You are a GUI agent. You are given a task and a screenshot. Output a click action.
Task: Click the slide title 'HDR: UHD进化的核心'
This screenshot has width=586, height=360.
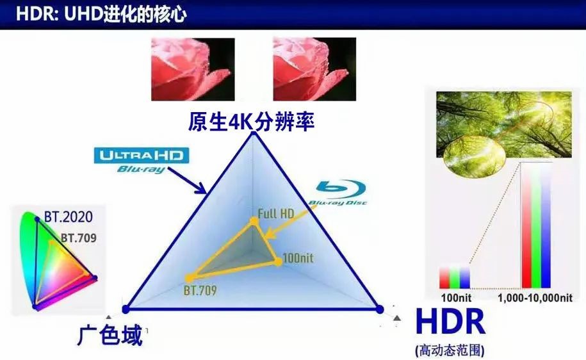[101, 14]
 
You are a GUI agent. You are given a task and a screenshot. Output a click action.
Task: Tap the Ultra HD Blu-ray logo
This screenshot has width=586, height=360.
[142, 160]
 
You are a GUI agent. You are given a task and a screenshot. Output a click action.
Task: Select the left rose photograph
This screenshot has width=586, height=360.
[193, 69]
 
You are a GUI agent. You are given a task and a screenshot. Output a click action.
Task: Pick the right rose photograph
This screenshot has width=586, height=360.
[314, 69]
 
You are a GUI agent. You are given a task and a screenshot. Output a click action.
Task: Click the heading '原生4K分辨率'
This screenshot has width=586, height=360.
[251, 122]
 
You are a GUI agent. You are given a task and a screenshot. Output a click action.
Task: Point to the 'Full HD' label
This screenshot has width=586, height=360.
[276, 213]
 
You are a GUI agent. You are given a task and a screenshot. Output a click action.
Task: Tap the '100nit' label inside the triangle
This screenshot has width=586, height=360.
[298, 258]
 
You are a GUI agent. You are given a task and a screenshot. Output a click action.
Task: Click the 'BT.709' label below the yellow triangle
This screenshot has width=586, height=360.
[200, 290]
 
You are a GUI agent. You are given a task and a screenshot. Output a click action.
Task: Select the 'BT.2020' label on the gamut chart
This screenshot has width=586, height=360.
[69, 217]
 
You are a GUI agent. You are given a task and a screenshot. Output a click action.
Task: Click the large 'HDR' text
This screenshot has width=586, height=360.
[450, 321]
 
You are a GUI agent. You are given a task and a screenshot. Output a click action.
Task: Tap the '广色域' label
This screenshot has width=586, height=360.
[111, 334]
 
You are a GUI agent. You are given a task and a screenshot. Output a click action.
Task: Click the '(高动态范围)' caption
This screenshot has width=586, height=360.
[450, 350]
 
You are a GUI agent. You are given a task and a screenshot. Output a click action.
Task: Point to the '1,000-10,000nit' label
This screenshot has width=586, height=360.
[535, 298]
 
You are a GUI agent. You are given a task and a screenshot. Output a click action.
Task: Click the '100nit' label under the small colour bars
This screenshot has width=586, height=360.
[456, 298]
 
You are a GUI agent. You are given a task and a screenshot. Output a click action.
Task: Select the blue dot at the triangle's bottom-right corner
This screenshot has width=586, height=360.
[380, 309]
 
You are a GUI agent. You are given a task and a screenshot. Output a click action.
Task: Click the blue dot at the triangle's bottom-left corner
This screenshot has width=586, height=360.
[126, 309]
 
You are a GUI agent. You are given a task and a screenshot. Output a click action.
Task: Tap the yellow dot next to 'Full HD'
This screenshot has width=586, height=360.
[254, 222]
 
